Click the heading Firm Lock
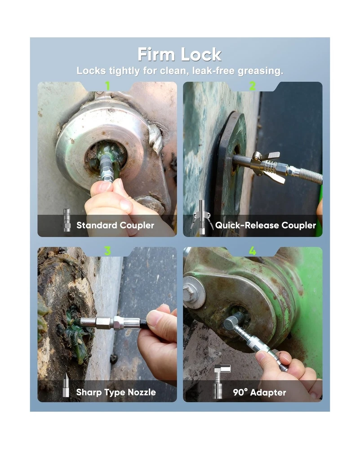click(x=180, y=54)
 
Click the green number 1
click(x=107, y=86)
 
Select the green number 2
click(x=252, y=86)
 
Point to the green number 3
click(x=107, y=251)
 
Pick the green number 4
click(x=253, y=251)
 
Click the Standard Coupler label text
click(x=115, y=225)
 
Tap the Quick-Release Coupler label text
click(x=266, y=225)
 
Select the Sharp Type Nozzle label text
click(x=116, y=392)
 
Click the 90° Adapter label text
click(x=259, y=392)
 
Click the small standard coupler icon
click(x=67, y=220)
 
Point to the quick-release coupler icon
click(x=202, y=218)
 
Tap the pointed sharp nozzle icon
click(x=66, y=385)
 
